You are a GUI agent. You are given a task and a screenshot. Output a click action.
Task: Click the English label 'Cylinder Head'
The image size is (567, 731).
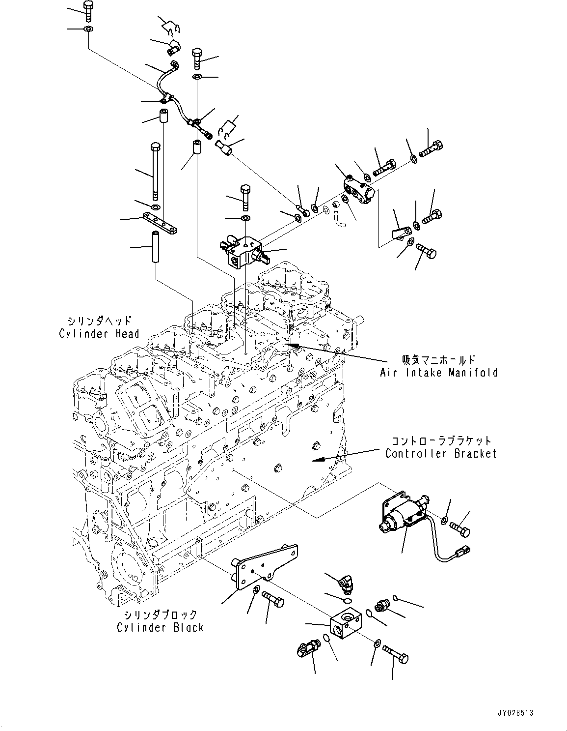coord(99,334)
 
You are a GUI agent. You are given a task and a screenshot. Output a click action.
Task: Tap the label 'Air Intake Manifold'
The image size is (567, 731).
coord(438,373)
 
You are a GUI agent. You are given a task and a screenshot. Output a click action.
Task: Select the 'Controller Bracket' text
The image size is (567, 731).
coord(441,454)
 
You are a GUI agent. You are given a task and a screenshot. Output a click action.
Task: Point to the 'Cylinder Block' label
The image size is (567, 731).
coord(160,627)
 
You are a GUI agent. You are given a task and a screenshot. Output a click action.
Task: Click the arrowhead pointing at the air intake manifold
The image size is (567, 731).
coord(293,346)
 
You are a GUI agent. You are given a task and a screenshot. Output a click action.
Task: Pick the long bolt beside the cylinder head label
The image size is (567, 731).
coord(156,170)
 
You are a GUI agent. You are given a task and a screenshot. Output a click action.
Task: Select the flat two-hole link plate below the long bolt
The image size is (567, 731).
coord(160,223)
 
